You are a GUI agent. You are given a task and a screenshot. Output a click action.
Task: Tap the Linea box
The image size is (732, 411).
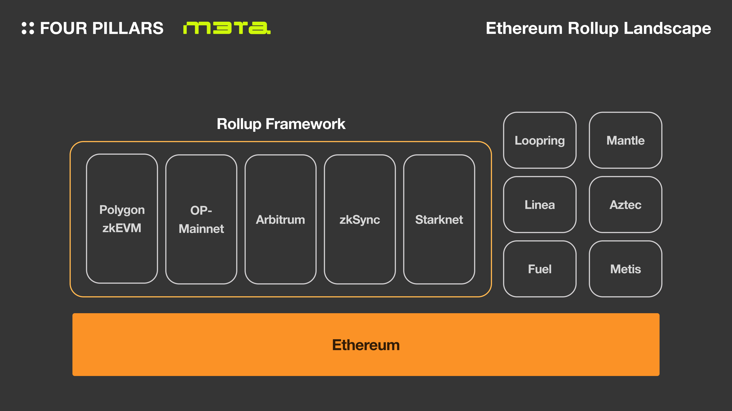click(x=540, y=205)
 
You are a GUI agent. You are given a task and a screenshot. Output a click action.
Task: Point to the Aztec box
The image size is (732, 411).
click(x=625, y=205)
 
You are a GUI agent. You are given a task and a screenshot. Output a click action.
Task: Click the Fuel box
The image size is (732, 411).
click(x=540, y=269)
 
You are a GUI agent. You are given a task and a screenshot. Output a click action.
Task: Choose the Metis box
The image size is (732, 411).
click(x=625, y=269)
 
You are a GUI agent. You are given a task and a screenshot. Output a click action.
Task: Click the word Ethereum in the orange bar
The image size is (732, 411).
click(x=366, y=345)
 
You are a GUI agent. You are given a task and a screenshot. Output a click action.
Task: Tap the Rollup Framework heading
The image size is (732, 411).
click(x=281, y=124)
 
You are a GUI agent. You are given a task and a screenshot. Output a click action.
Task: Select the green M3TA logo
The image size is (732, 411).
click(x=227, y=28)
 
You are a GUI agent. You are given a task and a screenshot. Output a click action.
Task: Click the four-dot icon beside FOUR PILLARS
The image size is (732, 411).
click(x=28, y=28)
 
